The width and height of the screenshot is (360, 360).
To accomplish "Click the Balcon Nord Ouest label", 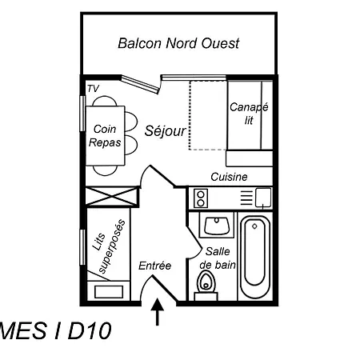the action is pyautogui.click(x=178, y=43).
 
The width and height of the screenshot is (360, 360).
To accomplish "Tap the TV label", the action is pyautogui.click(x=93, y=89).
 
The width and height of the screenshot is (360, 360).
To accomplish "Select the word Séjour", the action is pyautogui.click(x=166, y=131).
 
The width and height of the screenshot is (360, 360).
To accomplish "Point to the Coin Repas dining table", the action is pyautogui.click(x=105, y=135).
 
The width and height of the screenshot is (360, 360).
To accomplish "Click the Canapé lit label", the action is pyautogui.click(x=249, y=114).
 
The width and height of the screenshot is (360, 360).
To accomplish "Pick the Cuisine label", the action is pyautogui.click(x=229, y=177).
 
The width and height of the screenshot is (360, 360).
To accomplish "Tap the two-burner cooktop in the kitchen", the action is pyautogui.click(x=201, y=198).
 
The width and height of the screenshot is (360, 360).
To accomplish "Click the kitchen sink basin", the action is pyautogui.click(x=263, y=198).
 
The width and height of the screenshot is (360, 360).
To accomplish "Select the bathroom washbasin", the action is pyautogui.click(x=217, y=226).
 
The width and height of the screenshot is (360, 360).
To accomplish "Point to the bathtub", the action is pyautogui.click(x=254, y=257).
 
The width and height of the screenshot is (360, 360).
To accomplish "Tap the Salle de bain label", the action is pyautogui.click(x=218, y=258).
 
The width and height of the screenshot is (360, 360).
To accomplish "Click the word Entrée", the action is pyautogui.click(x=154, y=266).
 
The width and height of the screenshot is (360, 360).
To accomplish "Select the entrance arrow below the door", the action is pyautogui.click(x=158, y=312).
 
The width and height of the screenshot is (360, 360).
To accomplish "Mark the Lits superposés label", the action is pyautogui.click(x=109, y=246).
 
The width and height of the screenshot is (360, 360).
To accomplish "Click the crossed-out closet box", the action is pyautogui.click(x=111, y=197).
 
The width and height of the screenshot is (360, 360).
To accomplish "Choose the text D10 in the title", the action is pyautogui.click(x=90, y=330).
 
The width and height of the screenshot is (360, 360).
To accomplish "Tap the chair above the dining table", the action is pyautogui.click(x=105, y=101).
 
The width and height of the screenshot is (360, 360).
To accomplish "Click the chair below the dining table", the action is pyautogui.click(x=105, y=170).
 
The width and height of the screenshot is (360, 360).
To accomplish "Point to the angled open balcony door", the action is pyautogui.click(x=141, y=85).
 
